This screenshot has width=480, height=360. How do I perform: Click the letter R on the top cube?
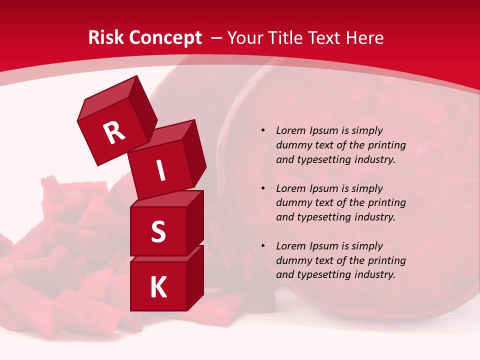click(x=114, y=133)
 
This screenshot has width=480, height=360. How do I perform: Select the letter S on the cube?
click(x=158, y=232)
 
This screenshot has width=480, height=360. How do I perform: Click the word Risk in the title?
click(x=107, y=38)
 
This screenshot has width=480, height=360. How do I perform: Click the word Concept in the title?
click(x=165, y=38)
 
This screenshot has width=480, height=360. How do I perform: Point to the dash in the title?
click(x=217, y=38)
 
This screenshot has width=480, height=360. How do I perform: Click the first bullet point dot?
click(x=263, y=131)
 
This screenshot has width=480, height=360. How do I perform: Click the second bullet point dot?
click(x=263, y=188)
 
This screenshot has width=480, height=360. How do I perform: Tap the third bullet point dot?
click(x=263, y=246)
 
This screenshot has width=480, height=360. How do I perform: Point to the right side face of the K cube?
click(x=195, y=277)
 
